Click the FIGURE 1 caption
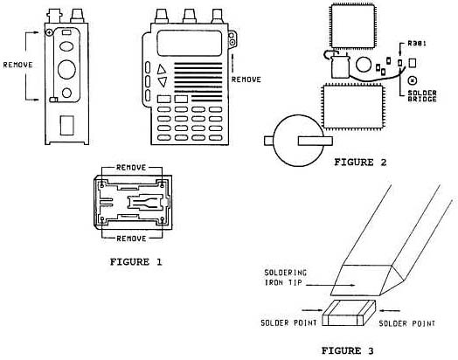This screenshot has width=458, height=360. [x=135, y=262]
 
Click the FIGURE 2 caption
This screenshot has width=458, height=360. [x=360, y=163]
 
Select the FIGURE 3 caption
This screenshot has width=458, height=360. [x=348, y=350]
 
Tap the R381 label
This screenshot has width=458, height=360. [x=417, y=44]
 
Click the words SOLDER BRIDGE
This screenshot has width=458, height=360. [x=422, y=96]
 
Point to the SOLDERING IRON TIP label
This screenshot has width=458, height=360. [x=286, y=278]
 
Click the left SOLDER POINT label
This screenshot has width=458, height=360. [x=288, y=323]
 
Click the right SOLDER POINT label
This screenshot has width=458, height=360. [x=407, y=323]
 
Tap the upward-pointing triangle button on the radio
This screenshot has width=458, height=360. [x=161, y=70]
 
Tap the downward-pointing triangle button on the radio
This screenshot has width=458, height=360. [x=162, y=81]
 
